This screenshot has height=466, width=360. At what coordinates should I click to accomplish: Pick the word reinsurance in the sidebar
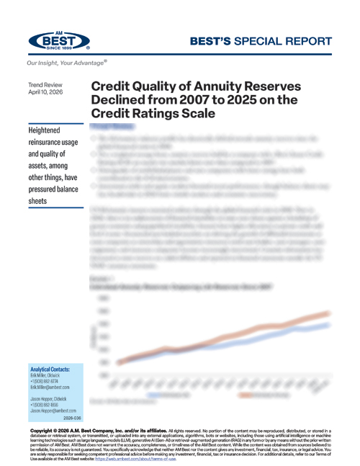coord(49,144)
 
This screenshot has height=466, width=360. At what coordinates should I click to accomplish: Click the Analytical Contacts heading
coord(54,369)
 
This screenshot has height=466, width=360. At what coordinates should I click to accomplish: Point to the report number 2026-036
coord(73,418)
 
